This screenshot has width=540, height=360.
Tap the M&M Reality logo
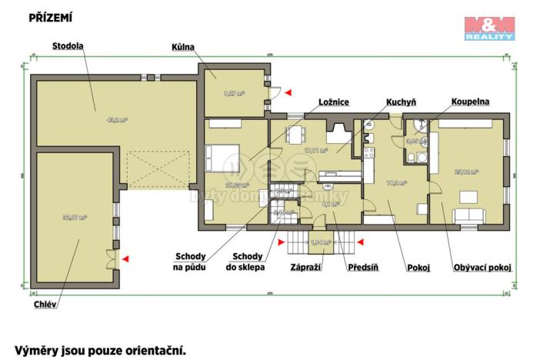click(489, 28)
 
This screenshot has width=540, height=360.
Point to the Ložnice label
click(335, 102)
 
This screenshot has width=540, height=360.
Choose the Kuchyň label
click(402, 102)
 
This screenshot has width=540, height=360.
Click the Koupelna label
click(471, 102)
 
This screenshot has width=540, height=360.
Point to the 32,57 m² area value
click(75, 218)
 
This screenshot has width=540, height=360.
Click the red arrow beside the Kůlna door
click(288, 92)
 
